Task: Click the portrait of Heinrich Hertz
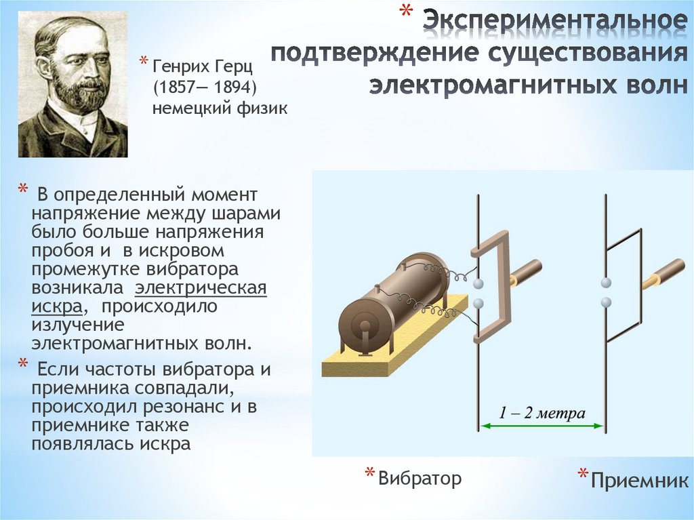[x=73, y=85]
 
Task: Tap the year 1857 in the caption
[x=175, y=88]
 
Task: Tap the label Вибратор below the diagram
[x=420, y=478]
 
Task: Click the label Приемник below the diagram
[x=639, y=481]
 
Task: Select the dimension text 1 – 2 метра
[x=542, y=413]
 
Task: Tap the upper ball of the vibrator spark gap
[x=478, y=283]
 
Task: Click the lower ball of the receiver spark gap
[x=606, y=302]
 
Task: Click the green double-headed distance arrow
[x=542, y=426]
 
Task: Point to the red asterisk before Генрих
[x=144, y=62]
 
